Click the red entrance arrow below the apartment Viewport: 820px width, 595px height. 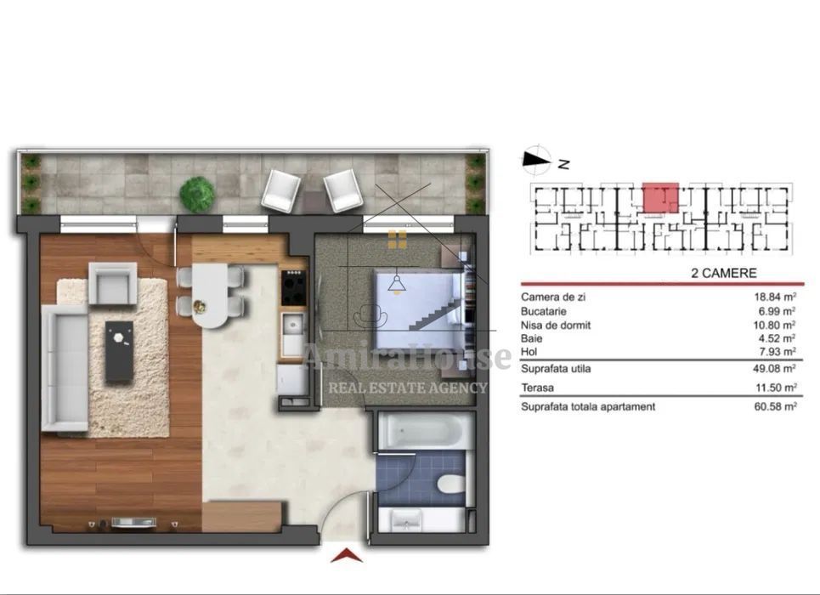tap(346, 557)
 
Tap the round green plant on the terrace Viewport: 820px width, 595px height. tap(197, 194)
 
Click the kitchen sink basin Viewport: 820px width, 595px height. tap(293, 325)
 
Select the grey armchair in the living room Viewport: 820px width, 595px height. tap(112, 283)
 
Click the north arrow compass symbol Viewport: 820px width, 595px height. tap(535, 158)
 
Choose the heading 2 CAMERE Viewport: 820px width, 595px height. tap(725, 274)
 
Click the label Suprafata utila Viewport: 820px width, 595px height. tap(556, 369)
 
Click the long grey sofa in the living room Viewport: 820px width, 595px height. tap(65, 366)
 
